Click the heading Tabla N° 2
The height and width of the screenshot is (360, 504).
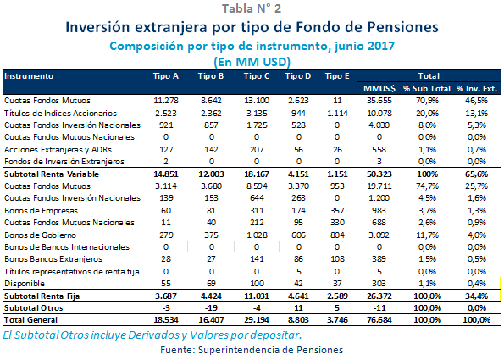click(252, 9)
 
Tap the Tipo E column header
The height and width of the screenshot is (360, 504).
click(337, 76)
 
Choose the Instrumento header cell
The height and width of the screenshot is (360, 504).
click(29, 76)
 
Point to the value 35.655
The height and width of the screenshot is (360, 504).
click(378, 101)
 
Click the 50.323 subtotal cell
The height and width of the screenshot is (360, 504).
click(378, 173)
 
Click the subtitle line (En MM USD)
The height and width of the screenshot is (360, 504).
click(252, 62)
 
